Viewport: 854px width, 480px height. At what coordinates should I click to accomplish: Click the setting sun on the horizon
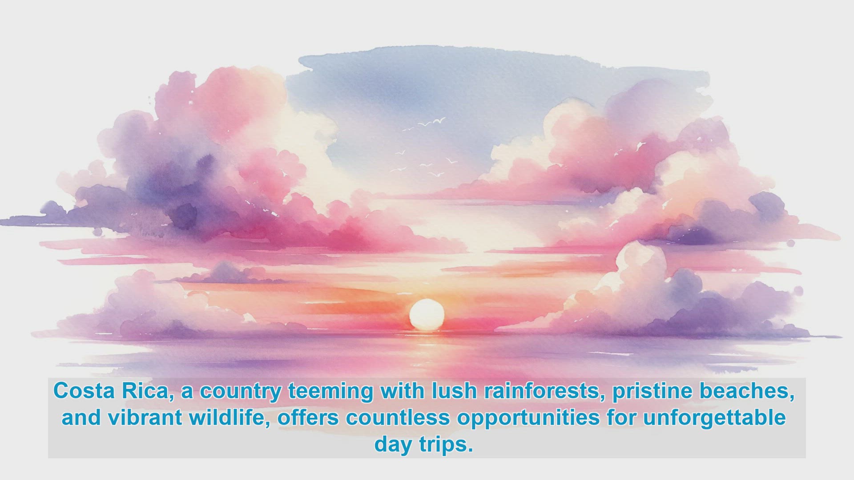pyautogui.click(x=427, y=315)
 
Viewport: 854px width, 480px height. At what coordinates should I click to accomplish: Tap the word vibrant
pyautogui.click(x=145, y=418)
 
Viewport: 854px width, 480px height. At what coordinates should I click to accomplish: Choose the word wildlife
pyautogui.click(x=230, y=418)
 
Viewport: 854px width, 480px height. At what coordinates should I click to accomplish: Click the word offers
pyautogui.click(x=308, y=418)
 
